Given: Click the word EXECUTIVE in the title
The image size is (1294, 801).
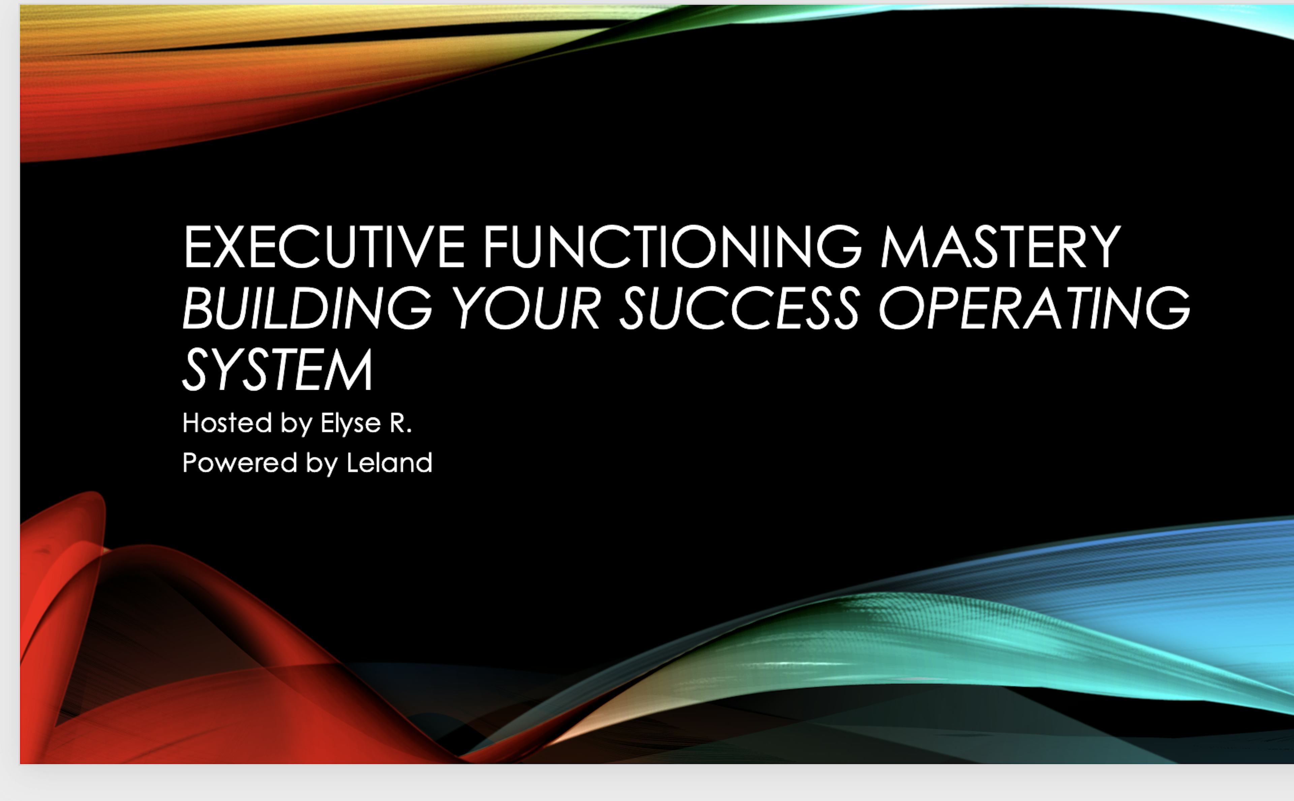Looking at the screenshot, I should click(323, 247).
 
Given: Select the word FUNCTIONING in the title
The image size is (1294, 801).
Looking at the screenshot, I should click(672, 247).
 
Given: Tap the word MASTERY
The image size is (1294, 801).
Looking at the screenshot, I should click(1000, 247).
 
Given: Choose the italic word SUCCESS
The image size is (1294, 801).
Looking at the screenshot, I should click(739, 308).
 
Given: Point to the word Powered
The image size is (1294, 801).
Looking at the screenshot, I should click(240, 463).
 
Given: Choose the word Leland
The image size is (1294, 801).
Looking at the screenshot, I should click(390, 463).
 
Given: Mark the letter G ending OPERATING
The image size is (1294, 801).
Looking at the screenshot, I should click(1168, 308).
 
